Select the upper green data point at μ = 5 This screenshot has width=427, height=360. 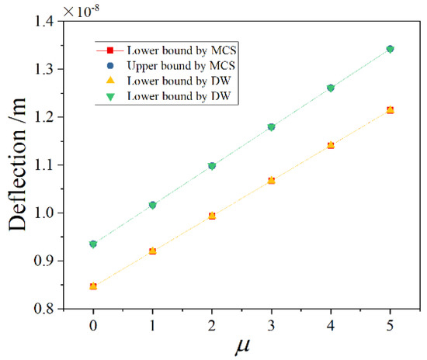tap(390, 49)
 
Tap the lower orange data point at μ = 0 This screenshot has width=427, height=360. tap(93, 286)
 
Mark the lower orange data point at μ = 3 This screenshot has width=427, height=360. tap(271, 181)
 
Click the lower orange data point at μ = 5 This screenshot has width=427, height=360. tap(390, 110)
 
